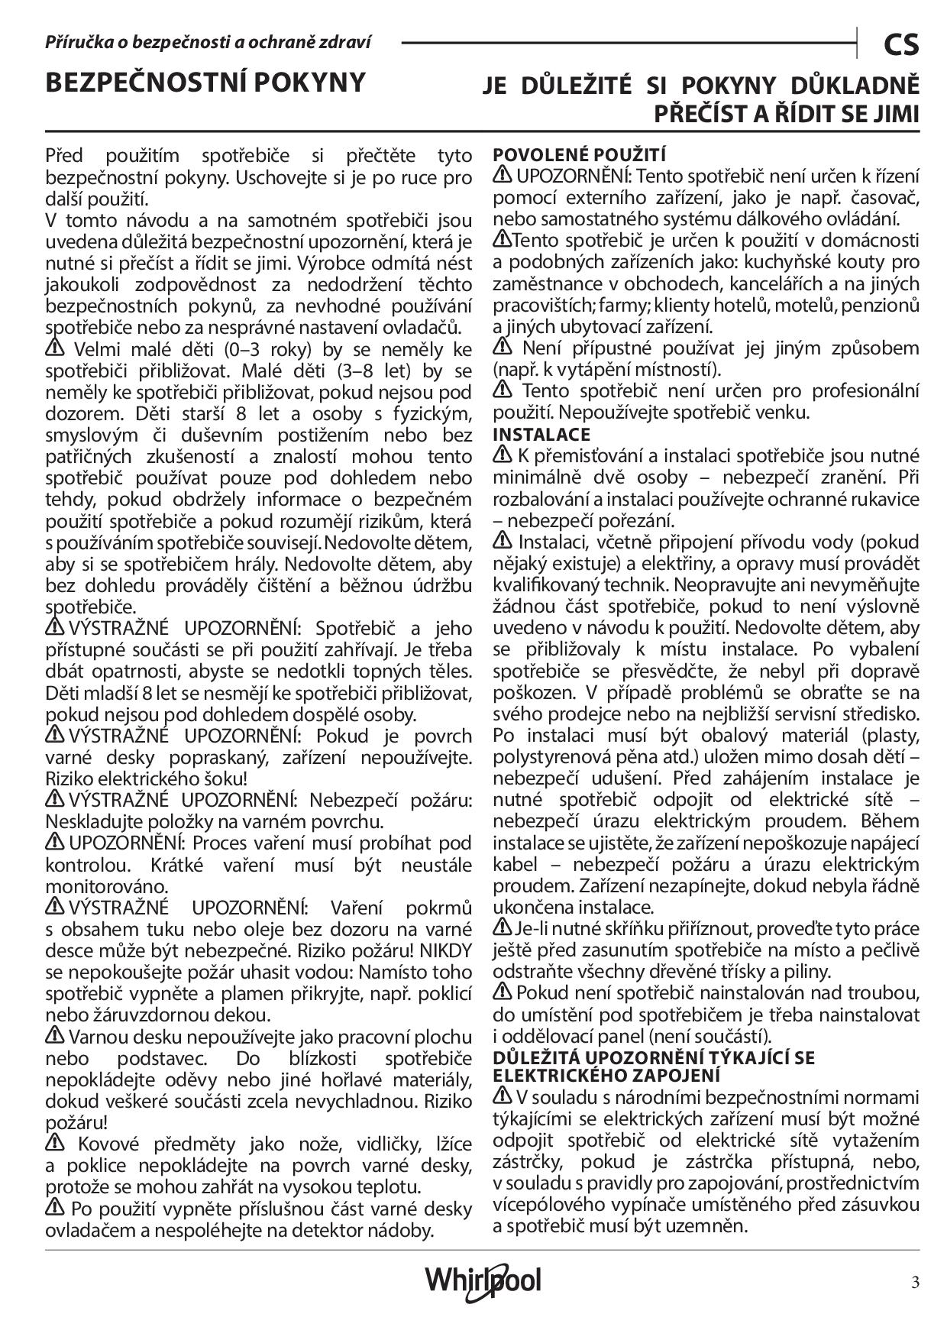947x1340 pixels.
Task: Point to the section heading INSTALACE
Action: point(541,434)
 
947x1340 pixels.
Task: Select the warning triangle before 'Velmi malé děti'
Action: point(55,348)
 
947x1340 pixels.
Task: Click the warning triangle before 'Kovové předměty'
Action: point(55,1143)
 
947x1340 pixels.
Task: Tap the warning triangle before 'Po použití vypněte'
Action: point(55,1208)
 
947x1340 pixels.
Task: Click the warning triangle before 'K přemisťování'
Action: point(503,455)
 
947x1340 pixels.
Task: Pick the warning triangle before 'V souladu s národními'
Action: point(503,1096)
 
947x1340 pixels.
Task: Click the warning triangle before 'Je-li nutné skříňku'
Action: point(503,927)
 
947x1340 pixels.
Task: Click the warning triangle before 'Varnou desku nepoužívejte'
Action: point(55,1035)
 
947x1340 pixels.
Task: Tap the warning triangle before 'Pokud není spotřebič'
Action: point(503,992)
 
